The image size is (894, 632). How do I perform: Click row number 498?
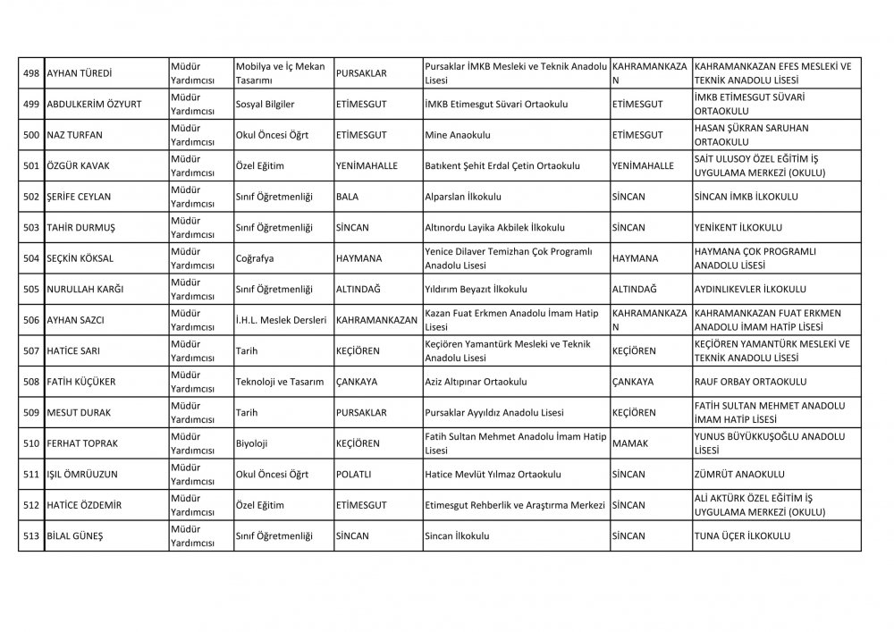click(30, 73)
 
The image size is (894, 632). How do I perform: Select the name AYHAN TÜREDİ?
click(84, 73)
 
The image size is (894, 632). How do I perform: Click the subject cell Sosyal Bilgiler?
click(265, 105)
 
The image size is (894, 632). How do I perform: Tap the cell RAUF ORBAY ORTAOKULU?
click(750, 382)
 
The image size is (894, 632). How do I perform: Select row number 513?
click(30, 535)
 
